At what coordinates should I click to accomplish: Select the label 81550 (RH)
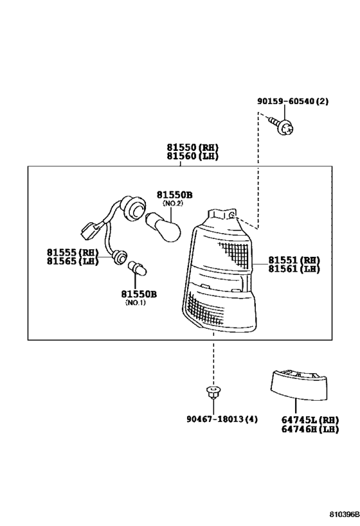[192, 147]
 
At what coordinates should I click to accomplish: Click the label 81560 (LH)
[192, 156]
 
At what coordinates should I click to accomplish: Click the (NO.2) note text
[173, 204]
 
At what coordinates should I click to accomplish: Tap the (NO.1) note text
[136, 302]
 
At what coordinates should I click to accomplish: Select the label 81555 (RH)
[73, 252]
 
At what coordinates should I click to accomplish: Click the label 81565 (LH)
[73, 261]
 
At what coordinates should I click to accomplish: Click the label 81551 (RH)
[294, 260]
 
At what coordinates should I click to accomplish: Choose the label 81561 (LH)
[294, 268]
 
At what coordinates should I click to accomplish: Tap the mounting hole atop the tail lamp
[232, 215]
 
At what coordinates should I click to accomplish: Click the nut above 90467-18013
[212, 392]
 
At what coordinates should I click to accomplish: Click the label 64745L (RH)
[310, 419]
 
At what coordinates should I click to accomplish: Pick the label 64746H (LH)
[310, 429]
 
